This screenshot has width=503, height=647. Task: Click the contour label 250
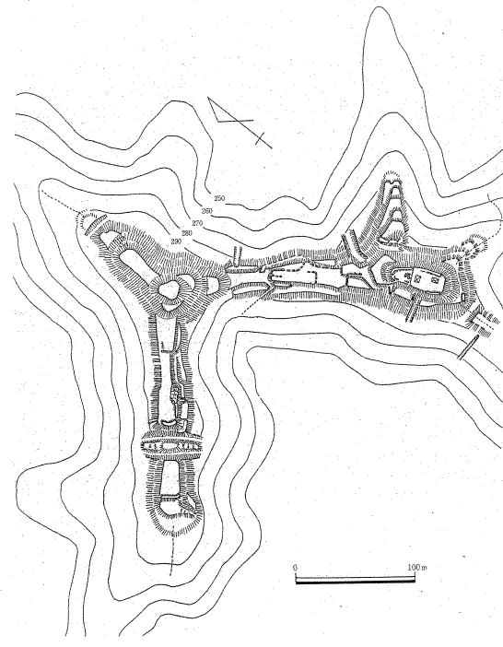point(219,198)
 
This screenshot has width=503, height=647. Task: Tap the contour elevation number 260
point(207,211)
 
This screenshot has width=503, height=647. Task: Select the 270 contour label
point(197,223)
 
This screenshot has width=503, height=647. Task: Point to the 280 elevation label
point(187,233)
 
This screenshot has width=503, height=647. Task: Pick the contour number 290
point(176,241)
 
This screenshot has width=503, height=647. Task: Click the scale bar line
point(355,581)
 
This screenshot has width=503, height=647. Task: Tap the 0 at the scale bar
point(295,568)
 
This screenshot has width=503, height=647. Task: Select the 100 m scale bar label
point(417,568)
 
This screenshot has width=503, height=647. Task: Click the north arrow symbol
point(240,123)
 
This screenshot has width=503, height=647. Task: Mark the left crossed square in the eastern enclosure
point(417,278)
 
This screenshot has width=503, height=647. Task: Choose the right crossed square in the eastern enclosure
point(433,279)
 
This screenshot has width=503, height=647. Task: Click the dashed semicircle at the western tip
point(88,218)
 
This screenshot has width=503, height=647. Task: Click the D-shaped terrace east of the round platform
point(213,285)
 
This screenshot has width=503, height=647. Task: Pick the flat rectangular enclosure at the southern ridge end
point(170,477)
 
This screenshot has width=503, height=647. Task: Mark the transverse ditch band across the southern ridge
point(171,446)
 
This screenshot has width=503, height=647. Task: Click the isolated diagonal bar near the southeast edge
point(469,347)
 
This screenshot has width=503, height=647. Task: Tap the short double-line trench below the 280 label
point(237,256)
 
